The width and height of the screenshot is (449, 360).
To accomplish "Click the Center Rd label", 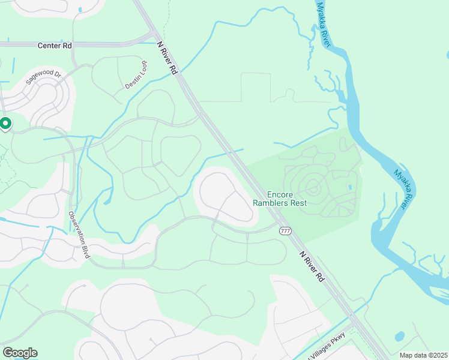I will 54,45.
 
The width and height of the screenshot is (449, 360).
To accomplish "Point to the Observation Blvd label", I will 79,235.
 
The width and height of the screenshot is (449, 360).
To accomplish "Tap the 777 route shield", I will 285,231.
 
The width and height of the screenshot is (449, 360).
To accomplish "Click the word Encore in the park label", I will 279,194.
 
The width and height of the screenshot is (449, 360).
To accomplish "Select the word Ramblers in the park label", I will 271,203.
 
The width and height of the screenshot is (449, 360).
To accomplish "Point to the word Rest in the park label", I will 298,203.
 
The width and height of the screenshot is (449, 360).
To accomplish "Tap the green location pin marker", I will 5,124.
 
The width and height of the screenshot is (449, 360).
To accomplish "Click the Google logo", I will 20,353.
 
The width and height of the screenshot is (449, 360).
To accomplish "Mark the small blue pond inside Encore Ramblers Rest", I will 350,187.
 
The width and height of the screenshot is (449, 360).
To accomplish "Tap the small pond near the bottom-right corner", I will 400,335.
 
